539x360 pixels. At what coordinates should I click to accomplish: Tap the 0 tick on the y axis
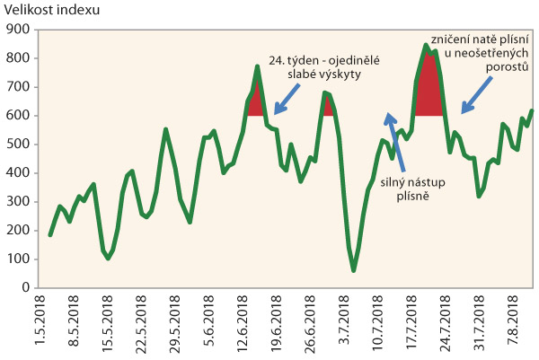tap(28, 288)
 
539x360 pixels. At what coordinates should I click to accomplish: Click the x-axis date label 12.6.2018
tap(245, 321)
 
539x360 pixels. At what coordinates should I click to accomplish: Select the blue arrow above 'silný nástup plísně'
tap(394, 142)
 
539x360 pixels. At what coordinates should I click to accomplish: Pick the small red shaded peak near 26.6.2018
tap(327, 106)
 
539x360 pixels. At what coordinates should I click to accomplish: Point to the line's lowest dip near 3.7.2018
tap(353, 269)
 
